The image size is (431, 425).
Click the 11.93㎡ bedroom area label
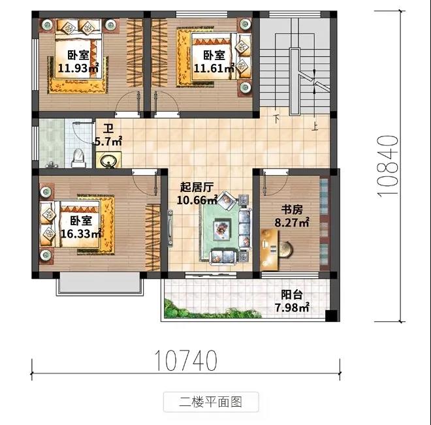pyautogui.click(x=78, y=68)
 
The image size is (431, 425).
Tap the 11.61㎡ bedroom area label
pyautogui.click(x=214, y=68)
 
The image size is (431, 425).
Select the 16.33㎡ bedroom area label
pyautogui.click(x=80, y=234)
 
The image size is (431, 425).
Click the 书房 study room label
pyautogui.click(x=292, y=210)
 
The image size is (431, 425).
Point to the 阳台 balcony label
pyautogui.click(x=292, y=295)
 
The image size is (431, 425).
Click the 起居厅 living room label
pyautogui.click(x=197, y=187)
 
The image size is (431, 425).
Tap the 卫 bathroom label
pyautogui.click(x=108, y=129)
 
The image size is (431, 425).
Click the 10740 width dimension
pyautogui.click(x=186, y=360)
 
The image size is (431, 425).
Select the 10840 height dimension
pyautogui.click(x=388, y=166)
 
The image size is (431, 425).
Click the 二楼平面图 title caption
pyautogui.click(x=210, y=402)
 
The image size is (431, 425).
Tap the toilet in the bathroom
pyautogui.click(x=78, y=159)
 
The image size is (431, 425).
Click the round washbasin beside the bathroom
pyautogui.click(x=108, y=160)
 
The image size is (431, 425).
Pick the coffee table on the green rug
pyautogui.click(x=222, y=228)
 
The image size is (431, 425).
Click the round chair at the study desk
pyautogui.click(x=286, y=249)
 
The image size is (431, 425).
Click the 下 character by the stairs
pyautogui.click(x=276, y=119)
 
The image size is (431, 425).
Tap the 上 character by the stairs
pyautogui.click(x=315, y=127)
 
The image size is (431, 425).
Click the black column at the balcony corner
pyautogui.click(x=331, y=316)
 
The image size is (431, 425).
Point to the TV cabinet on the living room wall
pyautogui.click(x=170, y=228)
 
